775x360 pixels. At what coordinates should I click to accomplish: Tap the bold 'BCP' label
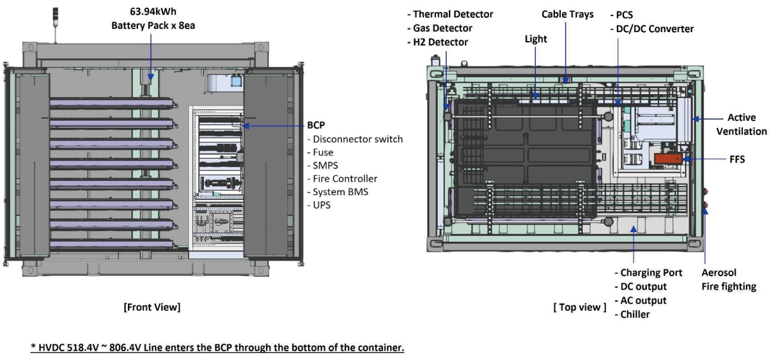coord(317,126)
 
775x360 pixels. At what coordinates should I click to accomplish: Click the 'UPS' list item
coord(322,205)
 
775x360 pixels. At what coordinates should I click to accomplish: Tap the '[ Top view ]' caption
coord(579,307)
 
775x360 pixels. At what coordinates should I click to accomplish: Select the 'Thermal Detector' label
coord(453,14)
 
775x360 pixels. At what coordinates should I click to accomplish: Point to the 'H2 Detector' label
coord(440,42)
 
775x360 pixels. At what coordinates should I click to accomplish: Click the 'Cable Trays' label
coord(567,14)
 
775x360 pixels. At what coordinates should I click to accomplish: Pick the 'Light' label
coord(536,39)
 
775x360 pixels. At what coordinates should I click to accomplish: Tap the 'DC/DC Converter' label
coord(654,29)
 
